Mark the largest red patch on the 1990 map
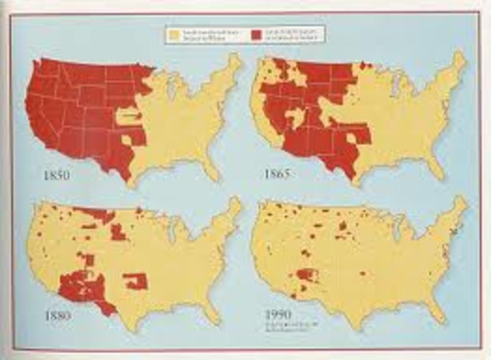pyautogui.click(x=308, y=275)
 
